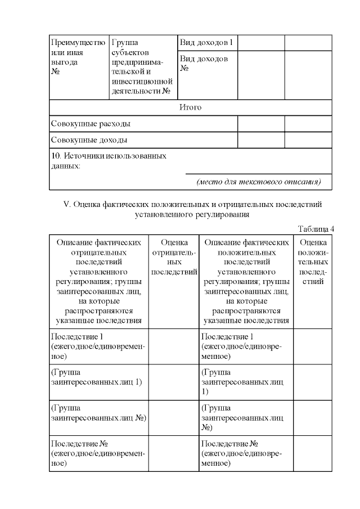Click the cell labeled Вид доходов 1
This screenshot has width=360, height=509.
[206, 43]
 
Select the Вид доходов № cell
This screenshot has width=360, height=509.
[204, 64]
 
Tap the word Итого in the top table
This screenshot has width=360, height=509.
[190, 107]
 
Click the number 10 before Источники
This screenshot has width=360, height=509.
[55, 156]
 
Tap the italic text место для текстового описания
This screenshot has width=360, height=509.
[258, 182]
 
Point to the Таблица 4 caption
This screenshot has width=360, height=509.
[315, 228]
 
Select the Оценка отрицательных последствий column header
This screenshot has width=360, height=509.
[174, 257]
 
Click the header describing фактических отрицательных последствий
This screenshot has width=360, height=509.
[98, 281]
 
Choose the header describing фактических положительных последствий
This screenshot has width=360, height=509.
[246, 281]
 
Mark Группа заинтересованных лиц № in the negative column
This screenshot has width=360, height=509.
[98, 412]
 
